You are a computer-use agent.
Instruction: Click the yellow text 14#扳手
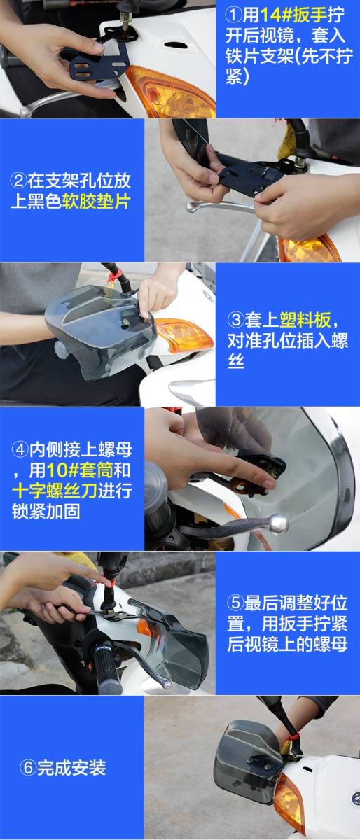[293, 15]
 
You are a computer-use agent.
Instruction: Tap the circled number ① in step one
[233, 15]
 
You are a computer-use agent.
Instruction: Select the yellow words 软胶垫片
[97, 202]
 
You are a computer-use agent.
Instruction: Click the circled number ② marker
[18, 181]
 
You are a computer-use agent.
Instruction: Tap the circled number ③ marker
[236, 321]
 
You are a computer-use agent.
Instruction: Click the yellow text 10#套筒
[80, 470]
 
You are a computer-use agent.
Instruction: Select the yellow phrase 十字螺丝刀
[55, 491]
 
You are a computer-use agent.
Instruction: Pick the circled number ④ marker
[20, 449]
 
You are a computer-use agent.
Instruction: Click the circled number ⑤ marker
[235, 603]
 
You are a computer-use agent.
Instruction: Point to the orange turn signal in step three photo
[184, 334]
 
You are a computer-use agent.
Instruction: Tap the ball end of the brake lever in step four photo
[279, 523]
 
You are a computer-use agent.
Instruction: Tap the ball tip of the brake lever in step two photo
[191, 206]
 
